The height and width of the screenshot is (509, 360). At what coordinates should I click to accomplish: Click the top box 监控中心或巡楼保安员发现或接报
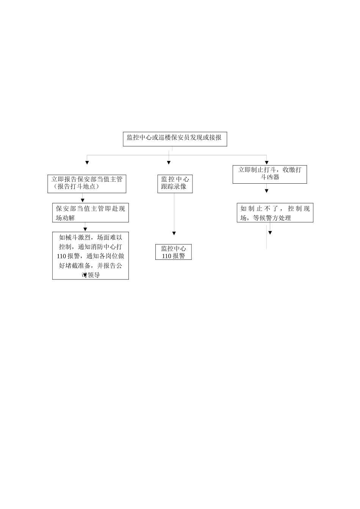click(x=175, y=139)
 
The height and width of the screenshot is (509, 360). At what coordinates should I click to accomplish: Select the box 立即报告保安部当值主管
click(x=87, y=183)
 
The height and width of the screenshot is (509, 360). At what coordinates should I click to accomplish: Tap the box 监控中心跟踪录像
click(x=175, y=183)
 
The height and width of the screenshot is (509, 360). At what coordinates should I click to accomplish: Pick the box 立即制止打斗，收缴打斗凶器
click(x=269, y=174)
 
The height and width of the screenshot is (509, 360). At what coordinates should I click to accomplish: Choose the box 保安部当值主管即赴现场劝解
click(x=90, y=213)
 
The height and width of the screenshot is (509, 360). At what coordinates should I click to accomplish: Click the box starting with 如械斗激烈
click(x=90, y=256)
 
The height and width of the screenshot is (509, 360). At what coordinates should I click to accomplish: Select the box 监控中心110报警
click(x=173, y=252)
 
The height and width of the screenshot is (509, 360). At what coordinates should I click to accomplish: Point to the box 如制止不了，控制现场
click(x=275, y=213)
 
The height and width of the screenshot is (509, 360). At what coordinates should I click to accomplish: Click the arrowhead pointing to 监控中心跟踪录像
click(x=169, y=163)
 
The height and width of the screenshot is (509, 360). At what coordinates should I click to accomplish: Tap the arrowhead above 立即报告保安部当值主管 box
click(x=87, y=163)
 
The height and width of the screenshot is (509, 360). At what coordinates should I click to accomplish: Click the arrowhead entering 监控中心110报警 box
click(x=174, y=233)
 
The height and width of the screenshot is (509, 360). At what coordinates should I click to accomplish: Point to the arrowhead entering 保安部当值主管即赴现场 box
click(x=83, y=200)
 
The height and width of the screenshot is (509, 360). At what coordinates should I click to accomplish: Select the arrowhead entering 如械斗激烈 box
click(x=85, y=229)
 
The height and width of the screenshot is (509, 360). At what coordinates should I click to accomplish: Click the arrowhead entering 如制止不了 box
click(x=267, y=191)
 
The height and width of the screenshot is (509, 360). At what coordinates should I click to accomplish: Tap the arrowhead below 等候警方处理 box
click(x=270, y=232)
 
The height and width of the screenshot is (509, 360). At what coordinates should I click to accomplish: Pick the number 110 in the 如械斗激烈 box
click(x=61, y=256)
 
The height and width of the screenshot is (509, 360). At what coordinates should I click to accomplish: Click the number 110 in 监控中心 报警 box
click(x=167, y=256)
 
